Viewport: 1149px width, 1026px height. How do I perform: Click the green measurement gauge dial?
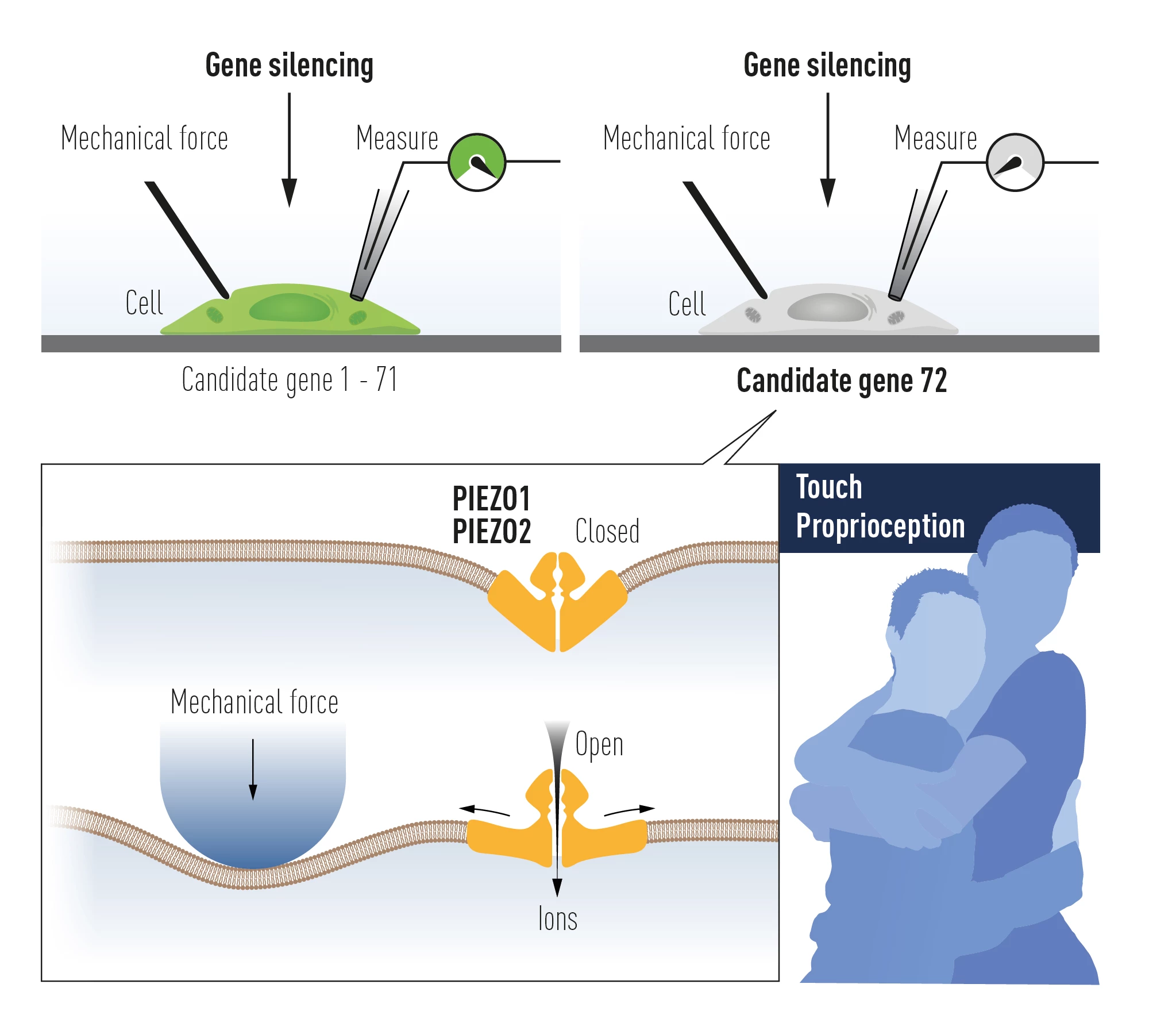(476, 163)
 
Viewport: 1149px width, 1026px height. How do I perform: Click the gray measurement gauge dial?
(1015, 163)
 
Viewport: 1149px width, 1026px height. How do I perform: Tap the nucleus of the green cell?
(290, 308)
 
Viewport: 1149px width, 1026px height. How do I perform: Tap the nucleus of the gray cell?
(828, 308)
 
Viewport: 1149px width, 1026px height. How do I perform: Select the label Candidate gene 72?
(842, 381)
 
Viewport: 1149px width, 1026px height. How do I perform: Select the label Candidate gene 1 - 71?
(289, 379)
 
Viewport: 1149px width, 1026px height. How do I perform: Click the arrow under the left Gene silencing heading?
(289, 149)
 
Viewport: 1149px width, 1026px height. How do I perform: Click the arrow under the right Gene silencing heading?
(827, 149)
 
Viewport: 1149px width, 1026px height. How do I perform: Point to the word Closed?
(607, 531)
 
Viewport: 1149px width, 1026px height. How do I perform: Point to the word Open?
(599, 745)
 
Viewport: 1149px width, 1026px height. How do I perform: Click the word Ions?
(557, 919)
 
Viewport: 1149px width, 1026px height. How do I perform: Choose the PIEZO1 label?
(491, 498)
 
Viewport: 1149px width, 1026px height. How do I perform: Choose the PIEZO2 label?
(491, 531)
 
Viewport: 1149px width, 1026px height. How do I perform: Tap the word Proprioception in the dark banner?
(880, 526)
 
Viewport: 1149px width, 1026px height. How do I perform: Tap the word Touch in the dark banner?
(829, 487)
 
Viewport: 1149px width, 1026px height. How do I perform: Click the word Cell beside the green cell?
(144, 303)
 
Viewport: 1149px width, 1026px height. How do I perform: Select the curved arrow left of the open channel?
(484, 811)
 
